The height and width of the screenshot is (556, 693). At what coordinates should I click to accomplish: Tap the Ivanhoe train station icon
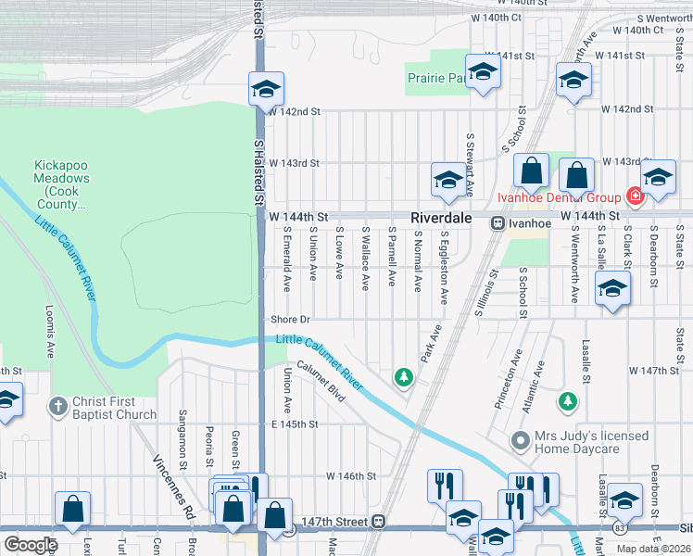(x=498, y=222)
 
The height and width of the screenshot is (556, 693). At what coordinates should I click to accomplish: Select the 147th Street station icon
(x=378, y=522)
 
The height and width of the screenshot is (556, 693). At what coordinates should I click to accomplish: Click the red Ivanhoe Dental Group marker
(x=635, y=196)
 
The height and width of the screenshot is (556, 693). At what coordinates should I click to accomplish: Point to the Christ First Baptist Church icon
(x=58, y=407)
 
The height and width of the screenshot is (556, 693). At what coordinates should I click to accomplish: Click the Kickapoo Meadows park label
(x=63, y=178)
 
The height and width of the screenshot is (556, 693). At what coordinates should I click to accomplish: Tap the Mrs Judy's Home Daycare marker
(x=522, y=442)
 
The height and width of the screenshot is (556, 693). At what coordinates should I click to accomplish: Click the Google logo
(x=31, y=544)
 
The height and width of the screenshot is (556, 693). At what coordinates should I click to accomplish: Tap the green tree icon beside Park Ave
(x=403, y=376)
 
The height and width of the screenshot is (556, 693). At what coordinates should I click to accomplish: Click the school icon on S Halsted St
(x=265, y=90)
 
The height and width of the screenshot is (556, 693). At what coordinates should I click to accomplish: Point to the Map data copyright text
(x=652, y=549)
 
